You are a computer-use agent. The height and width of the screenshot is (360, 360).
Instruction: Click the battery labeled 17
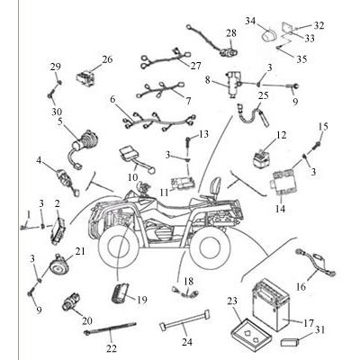271,304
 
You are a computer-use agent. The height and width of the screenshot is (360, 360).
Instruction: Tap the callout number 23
232,301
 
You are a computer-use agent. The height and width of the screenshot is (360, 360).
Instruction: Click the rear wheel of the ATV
210,248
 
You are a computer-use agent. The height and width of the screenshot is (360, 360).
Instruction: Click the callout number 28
231,33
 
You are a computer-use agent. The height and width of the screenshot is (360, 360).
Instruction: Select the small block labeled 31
290,342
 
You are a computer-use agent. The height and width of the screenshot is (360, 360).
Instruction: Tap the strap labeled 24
184,321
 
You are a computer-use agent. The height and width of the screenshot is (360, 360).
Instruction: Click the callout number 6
112,99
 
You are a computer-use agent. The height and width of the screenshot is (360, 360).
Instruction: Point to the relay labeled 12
260,158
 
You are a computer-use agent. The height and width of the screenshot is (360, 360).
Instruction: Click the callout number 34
250,21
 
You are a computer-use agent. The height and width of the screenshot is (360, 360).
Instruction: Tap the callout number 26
107,59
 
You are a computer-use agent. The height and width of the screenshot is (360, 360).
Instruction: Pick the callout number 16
301,287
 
